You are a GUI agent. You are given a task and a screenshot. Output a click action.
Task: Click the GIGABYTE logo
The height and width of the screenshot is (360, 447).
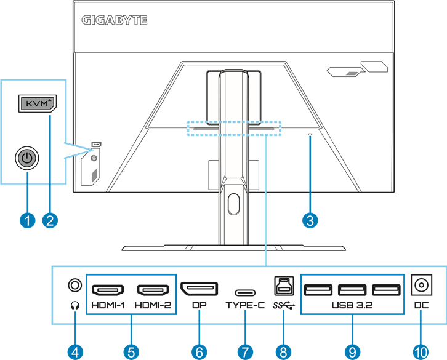115,20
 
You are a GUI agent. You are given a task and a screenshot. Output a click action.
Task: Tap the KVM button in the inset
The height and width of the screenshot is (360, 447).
36,103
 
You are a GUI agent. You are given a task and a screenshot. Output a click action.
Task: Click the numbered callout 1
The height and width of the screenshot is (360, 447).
26,218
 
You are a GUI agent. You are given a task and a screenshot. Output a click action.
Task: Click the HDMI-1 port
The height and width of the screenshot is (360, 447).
108,289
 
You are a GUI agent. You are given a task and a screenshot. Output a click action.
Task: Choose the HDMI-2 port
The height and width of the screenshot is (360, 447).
153,289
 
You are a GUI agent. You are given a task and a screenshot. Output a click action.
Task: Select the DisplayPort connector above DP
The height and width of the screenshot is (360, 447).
198,288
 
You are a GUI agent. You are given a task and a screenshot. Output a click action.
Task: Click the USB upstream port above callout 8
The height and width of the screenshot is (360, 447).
283,284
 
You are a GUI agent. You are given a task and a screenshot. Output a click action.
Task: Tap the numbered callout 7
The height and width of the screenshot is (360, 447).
244,351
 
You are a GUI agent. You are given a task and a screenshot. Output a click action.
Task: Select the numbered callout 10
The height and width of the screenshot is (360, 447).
421,351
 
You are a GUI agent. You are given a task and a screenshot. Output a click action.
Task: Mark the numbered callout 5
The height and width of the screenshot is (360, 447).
131,351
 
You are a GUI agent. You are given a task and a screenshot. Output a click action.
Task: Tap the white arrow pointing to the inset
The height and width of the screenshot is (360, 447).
76,149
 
